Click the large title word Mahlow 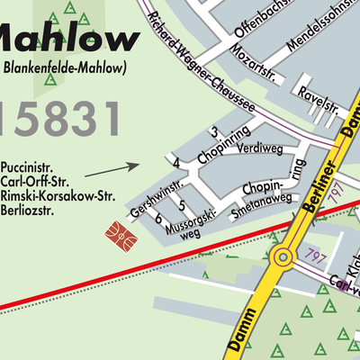tap(67, 39)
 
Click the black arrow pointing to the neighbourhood tap(112, 168)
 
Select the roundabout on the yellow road tap(282, 258)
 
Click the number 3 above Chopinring tap(214, 133)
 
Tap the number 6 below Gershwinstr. tap(158, 218)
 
